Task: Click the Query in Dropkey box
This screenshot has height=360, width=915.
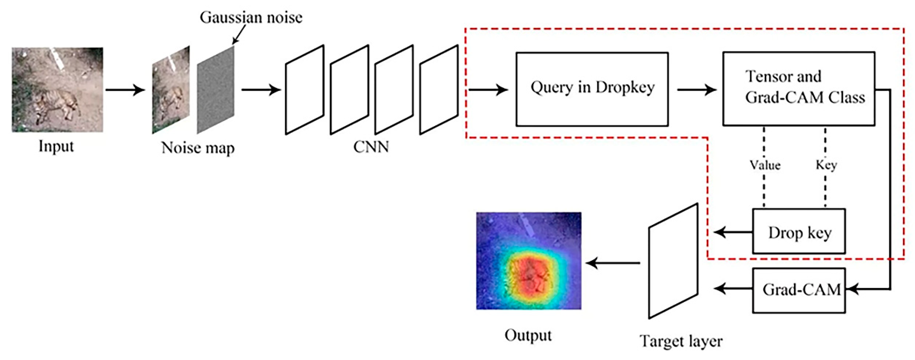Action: [592, 89]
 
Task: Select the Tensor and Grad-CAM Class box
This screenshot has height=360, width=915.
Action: [798, 89]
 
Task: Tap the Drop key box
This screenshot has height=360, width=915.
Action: [798, 231]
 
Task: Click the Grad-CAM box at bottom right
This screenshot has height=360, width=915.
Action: [798, 290]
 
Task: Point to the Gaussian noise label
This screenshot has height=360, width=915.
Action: [251, 17]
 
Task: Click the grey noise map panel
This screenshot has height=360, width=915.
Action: [216, 90]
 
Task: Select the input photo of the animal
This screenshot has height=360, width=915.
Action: [57, 90]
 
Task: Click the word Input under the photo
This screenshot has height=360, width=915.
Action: [56, 146]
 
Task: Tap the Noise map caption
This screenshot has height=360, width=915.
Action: [198, 148]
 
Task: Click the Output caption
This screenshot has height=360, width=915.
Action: [528, 335]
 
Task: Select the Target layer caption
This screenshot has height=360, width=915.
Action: [681, 341]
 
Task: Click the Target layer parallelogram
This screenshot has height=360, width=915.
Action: [673, 261]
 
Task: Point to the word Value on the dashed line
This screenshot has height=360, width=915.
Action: [765, 165]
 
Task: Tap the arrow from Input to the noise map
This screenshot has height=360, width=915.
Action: [125, 90]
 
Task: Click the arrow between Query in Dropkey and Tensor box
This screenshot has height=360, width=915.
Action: [696, 90]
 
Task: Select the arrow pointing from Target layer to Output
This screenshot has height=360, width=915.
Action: [613, 263]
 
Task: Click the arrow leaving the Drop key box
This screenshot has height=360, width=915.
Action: [732, 233]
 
